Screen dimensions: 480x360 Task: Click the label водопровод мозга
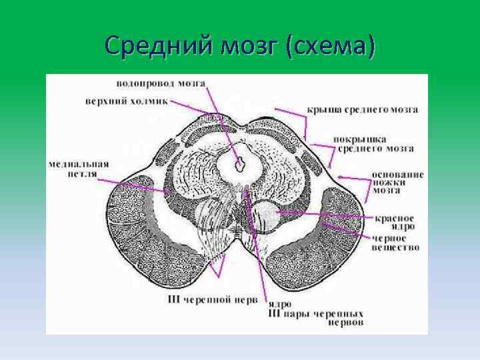[161, 84]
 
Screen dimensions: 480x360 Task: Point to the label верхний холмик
[126, 101]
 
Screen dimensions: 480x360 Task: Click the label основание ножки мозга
[397, 181]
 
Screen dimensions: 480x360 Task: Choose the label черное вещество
[395, 242]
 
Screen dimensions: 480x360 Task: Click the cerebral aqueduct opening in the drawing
[241, 161]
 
